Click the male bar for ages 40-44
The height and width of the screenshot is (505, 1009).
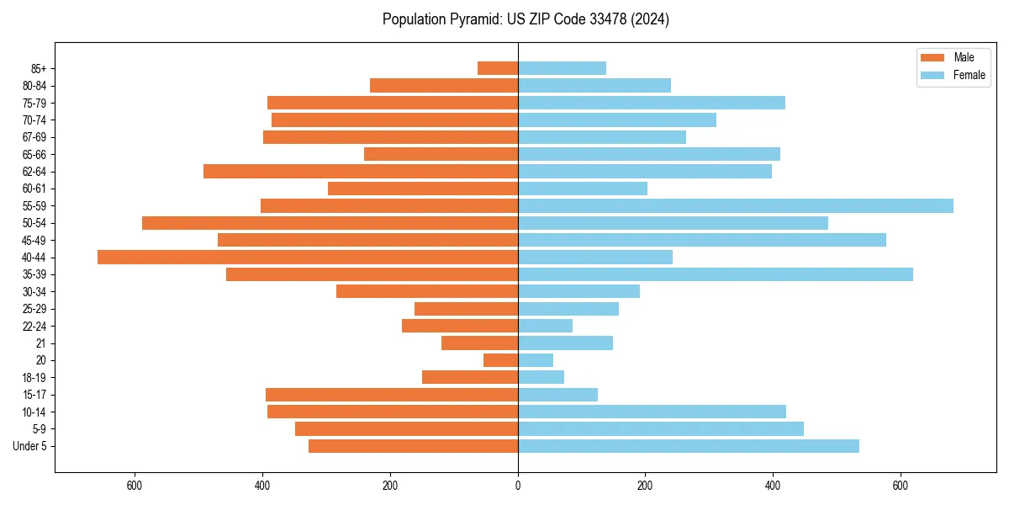coord(308,258)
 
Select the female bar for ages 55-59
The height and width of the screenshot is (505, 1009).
coord(736,206)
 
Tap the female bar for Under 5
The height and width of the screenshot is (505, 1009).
coord(689,446)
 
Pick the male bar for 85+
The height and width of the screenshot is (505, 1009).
coord(498,68)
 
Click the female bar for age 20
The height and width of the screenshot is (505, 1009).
coord(536,360)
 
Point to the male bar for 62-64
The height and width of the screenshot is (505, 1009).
coord(361,172)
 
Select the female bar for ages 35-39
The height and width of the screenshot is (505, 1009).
coord(716,274)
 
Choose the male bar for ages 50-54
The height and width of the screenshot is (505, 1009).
coord(330,223)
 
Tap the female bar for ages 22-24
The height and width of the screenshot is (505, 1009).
coord(545,326)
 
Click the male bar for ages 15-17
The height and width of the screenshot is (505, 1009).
coord(392,395)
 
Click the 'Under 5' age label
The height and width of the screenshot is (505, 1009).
coord(30,446)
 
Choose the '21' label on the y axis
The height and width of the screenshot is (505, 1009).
coord(41,343)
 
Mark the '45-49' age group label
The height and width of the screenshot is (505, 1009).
coord(34,240)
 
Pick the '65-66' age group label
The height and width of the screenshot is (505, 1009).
coord(34,154)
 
